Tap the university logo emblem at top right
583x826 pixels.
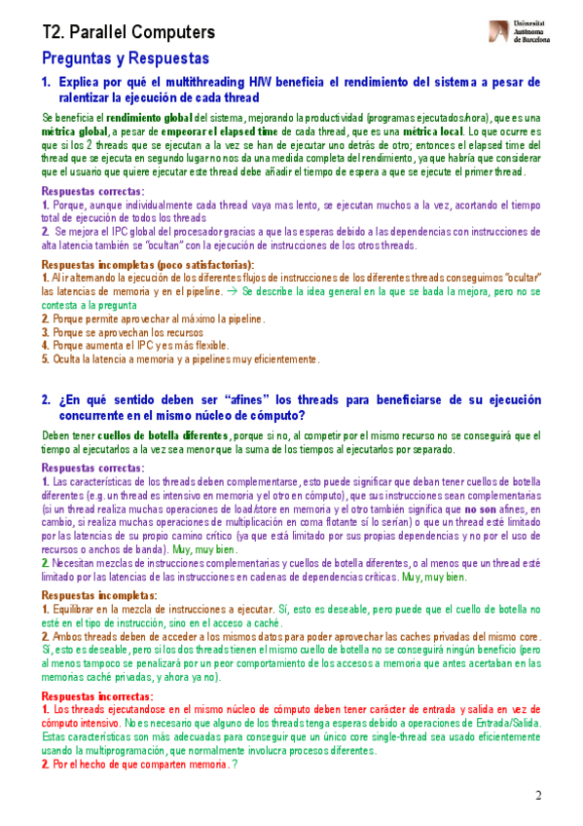tap(499, 31)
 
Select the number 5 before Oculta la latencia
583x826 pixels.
tap(44, 358)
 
